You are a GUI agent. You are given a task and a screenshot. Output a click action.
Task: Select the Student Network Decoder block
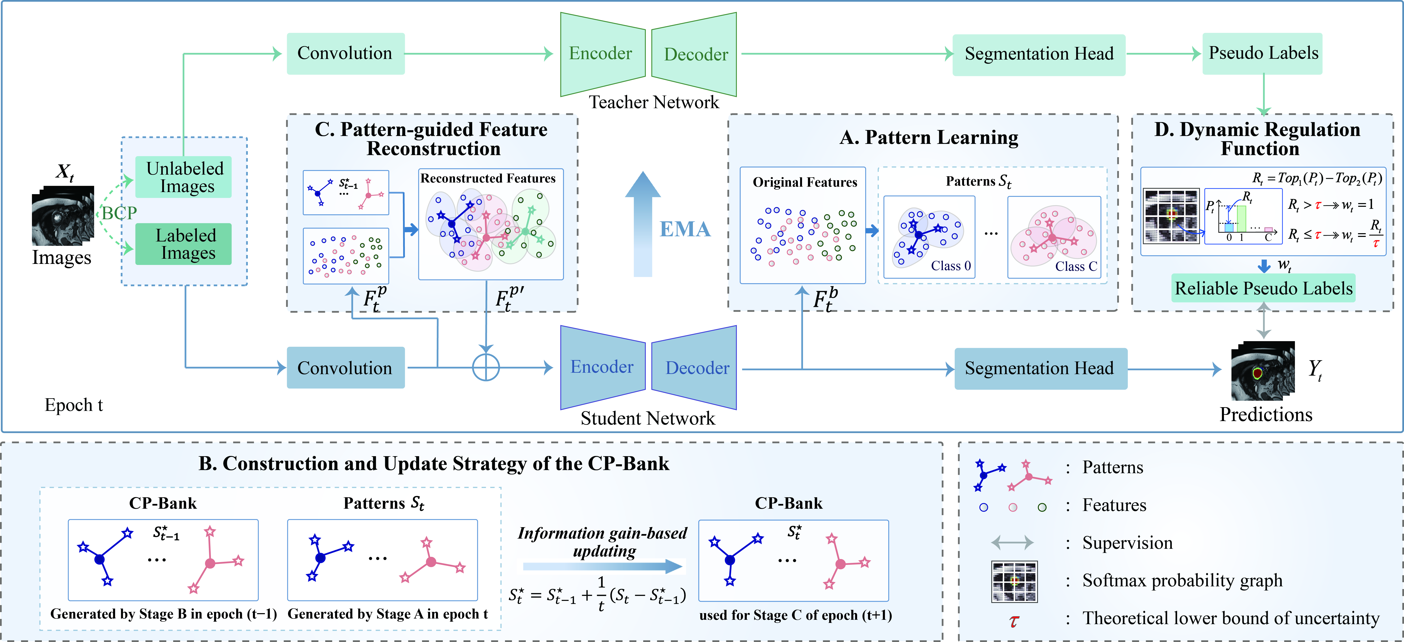pyautogui.click(x=694, y=368)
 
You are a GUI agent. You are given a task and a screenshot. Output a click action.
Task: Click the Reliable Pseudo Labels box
pyautogui.click(x=1263, y=288)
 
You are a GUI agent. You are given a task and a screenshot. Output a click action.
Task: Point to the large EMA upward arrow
pyautogui.click(x=643, y=224)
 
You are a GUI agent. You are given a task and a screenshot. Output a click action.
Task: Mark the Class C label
pyautogui.click(x=1076, y=266)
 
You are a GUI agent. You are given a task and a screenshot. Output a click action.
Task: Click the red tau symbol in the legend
pyautogui.click(x=1014, y=621)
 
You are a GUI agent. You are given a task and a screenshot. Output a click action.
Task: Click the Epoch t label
pyautogui.click(x=74, y=405)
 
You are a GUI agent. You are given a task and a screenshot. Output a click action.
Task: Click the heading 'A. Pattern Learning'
pyautogui.click(x=929, y=137)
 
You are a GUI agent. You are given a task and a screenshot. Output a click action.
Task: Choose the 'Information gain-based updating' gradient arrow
pyautogui.click(x=602, y=566)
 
